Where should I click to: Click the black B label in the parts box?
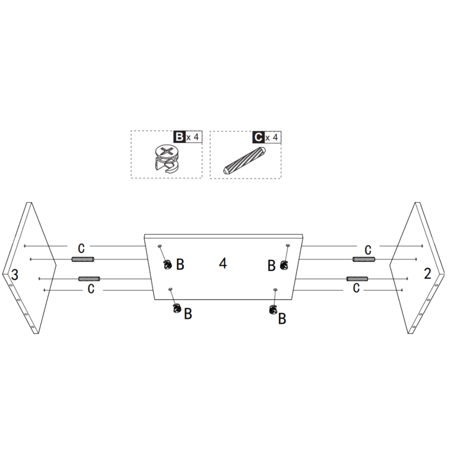click(179, 137)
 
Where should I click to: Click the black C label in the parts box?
click(258, 137)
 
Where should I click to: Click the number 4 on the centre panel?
click(223, 264)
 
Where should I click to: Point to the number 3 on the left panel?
click(15, 275)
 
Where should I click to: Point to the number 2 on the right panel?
click(428, 274)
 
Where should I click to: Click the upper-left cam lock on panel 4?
click(167, 265)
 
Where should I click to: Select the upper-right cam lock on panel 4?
click(283, 265)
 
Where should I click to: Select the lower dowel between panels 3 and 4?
click(89, 279)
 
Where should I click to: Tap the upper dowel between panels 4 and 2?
click(363, 259)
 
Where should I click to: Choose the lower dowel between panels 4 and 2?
click(357, 279)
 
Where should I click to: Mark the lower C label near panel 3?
click(91, 289)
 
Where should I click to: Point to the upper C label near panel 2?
click(368, 250)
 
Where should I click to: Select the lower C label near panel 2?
click(356, 288)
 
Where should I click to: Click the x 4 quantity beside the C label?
click(272, 138)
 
